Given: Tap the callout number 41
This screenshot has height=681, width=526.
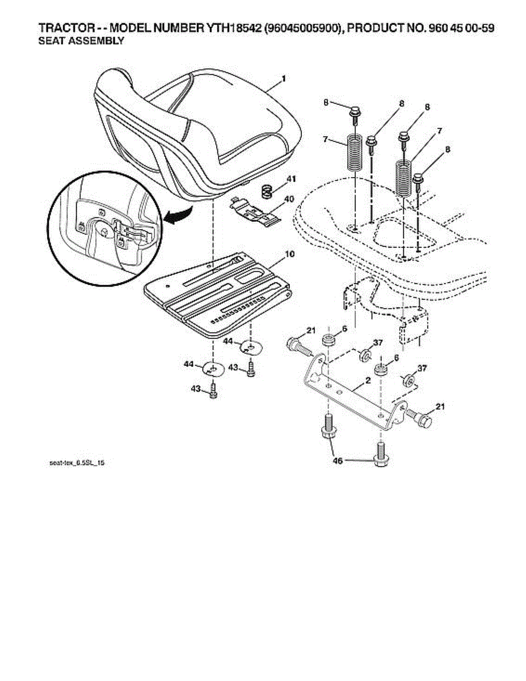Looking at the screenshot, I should pyautogui.click(x=291, y=179).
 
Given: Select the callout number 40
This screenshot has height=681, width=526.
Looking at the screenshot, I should pyautogui.click(x=289, y=199).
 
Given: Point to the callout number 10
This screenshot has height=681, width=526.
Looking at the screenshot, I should pyautogui.click(x=289, y=255).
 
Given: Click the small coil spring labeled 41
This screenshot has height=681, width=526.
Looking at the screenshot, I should pyautogui.click(x=267, y=191).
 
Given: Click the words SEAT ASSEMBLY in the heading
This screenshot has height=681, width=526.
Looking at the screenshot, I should pyautogui.click(x=81, y=41).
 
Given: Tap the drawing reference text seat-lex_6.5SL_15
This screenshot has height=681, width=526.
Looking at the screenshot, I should pyautogui.click(x=77, y=464).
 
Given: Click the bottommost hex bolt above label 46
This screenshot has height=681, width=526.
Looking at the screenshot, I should pyautogui.click(x=380, y=455).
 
